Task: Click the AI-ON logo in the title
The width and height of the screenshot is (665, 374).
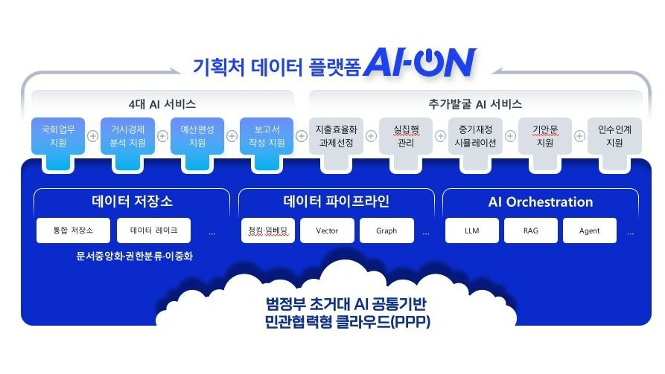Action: (x=420, y=62)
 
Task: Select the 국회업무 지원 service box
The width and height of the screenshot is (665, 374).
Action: (x=58, y=136)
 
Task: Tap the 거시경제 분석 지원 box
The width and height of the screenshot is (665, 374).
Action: (x=127, y=136)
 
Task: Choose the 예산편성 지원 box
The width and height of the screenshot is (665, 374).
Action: (x=197, y=136)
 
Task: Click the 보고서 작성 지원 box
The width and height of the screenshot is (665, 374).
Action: (x=267, y=136)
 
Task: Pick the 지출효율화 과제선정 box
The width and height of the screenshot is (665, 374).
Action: (x=337, y=136)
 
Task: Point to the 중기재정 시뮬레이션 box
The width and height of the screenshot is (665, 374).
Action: (x=475, y=136)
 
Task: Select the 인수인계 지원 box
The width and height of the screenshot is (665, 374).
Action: (x=614, y=136)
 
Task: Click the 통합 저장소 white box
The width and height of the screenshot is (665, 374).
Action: (x=74, y=230)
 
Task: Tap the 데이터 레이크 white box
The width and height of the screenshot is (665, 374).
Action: (x=153, y=230)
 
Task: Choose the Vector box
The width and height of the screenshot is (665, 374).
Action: (x=327, y=230)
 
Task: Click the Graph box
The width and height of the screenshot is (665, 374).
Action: (x=386, y=230)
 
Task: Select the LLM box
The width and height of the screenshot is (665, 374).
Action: (x=472, y=230)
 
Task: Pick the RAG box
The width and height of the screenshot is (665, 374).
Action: (x=530, y=230)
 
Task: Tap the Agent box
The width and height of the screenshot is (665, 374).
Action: (x=590, y=230)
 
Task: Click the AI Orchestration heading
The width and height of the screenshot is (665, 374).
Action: (x=541, y=202)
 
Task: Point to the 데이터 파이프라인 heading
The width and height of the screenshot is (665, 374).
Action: (x=337, y=201)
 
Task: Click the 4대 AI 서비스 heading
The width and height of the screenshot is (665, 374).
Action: (x=162, y=104)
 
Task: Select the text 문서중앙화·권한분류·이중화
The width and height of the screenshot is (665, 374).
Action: (x=135, y=256)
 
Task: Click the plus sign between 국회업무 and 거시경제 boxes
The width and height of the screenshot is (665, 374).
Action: (x=93, y=136)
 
